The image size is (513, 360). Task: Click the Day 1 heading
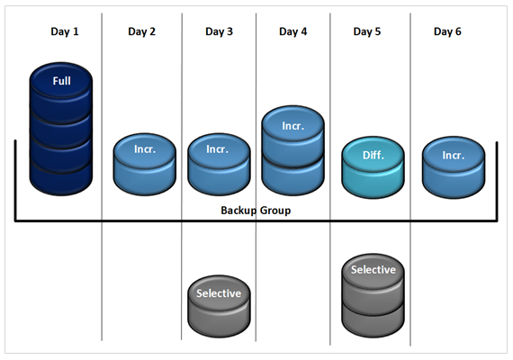(x=65, y=31)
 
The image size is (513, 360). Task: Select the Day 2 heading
(x=141, y=31)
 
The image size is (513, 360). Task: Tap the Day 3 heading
(x=219, y=31)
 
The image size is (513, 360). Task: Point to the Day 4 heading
(x=292, y=31)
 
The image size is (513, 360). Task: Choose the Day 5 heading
(x=367, y=31)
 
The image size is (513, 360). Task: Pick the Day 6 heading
(x=447, y=31)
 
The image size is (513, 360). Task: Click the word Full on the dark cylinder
(x=61, y=81)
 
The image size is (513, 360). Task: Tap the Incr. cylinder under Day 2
(x=145, y=165)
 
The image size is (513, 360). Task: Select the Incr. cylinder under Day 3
(x=219, y=165)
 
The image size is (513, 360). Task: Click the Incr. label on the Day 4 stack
(x=293, y=126)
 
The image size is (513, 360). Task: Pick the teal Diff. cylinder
(x=373, y=167)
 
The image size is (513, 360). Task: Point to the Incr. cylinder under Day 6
(x=454, y=167)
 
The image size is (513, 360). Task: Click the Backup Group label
(x=256, y=211)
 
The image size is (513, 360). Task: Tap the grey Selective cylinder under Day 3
(x=219, y=306)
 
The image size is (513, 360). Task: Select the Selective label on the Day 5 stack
(x=373, y=270)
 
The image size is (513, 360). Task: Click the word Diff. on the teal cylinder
(x=373, y=155)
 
